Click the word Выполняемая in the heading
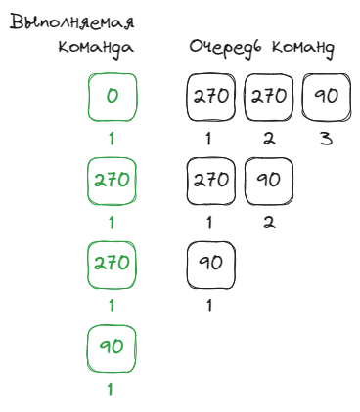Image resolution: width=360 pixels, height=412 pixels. tap(71, 22)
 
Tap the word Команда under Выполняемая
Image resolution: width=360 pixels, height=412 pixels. tap(96, 48)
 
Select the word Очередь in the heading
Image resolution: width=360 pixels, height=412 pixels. tap(226, 48)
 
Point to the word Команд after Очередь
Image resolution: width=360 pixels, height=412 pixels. tap(303, 48)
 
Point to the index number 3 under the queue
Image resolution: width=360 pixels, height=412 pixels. tap(326, 139)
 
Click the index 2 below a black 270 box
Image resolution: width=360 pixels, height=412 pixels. tap(269, 139)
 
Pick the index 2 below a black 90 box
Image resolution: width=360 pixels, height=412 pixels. tap(269, 223)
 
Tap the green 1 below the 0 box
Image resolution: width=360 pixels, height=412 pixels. tap(112, 139)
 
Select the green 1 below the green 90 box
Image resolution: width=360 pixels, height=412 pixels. tap(111, 390)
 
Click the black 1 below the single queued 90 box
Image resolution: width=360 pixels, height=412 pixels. tap(209, 306)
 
